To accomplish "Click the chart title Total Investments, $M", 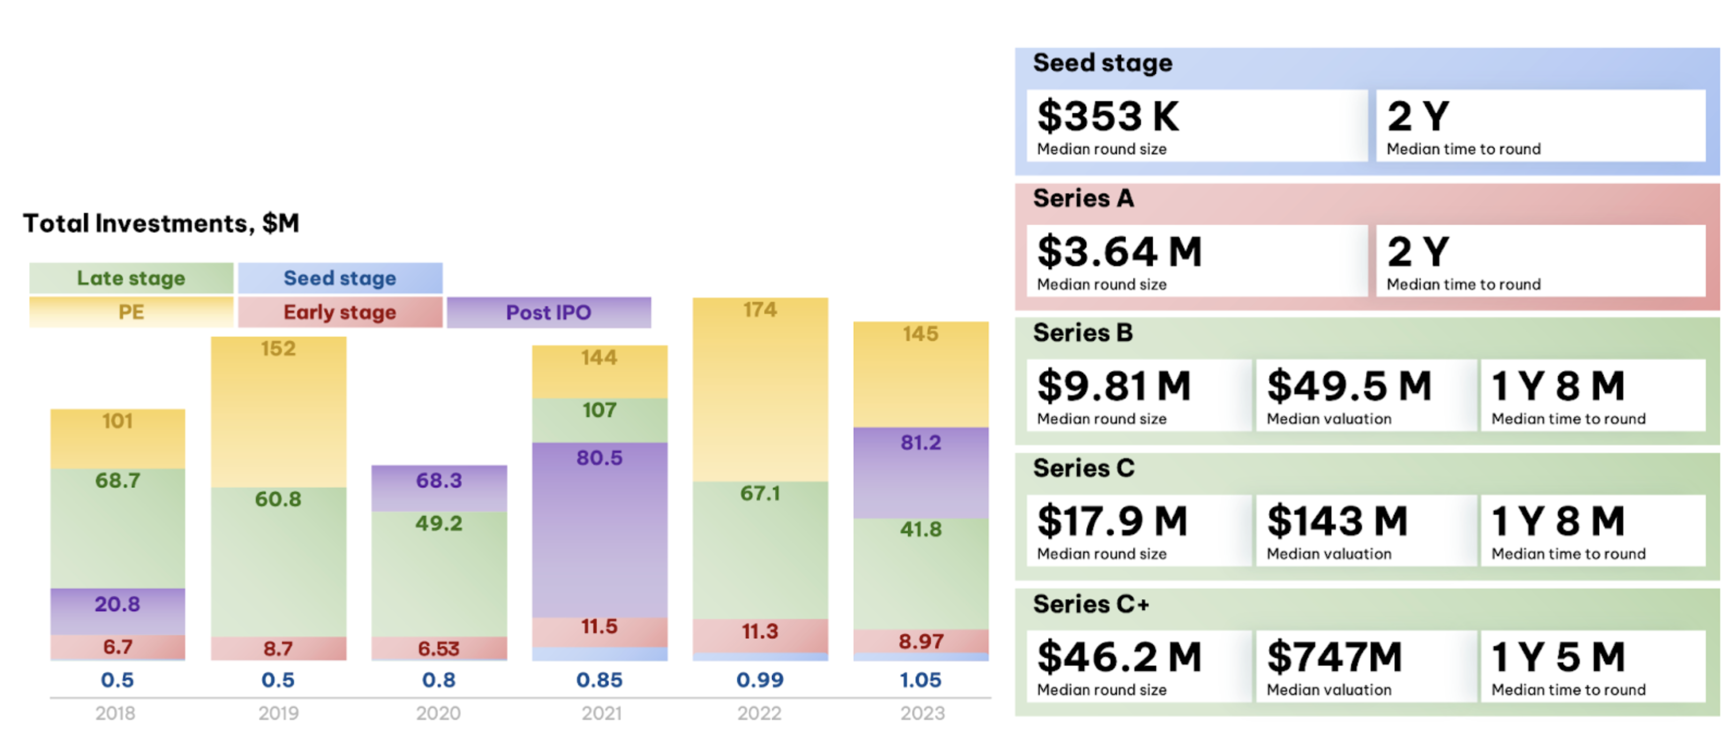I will [161, 223].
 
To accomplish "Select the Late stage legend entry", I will [131, 278].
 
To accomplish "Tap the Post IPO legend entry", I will [548, 313].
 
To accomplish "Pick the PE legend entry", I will [131, 313].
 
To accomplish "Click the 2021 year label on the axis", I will [601, 713].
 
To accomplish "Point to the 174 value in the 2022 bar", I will [760, 310].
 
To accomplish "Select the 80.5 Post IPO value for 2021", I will [599, 458].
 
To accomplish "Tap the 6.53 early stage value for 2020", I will [439, 649].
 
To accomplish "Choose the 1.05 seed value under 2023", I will [921, 680].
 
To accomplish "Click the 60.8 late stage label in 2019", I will [277, 499].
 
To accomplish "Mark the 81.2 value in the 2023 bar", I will [921, 443].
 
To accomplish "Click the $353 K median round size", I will [1108, 116].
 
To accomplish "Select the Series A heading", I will [1083, 198].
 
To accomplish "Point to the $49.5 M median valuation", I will [1349, 386].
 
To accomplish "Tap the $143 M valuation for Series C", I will [1337, 521].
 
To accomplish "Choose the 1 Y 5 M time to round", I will [1558, 657].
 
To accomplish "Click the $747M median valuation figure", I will [1334, 657].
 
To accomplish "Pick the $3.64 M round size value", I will [1119, 252].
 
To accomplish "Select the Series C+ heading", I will [1090, 604].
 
